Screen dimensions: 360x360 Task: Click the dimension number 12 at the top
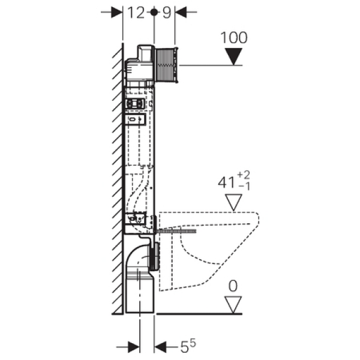coord(136,13)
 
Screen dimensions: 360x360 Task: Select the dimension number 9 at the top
coord(167,13)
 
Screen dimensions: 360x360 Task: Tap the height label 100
coord(234,37)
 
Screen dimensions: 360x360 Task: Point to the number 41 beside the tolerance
coord(227,183)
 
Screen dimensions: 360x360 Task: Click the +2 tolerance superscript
coord(244,175)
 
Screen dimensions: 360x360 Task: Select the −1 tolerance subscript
coord(244,187)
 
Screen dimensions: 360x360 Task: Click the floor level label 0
coord(233,286)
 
